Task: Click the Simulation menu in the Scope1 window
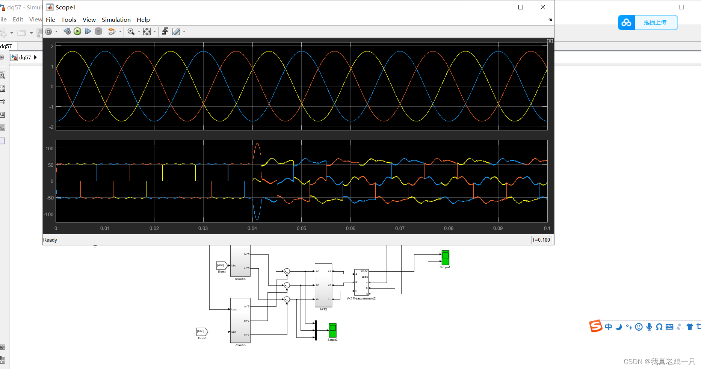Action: (x=116, y=20)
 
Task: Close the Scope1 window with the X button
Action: (x=542, y=7)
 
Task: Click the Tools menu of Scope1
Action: (x=69, y=20)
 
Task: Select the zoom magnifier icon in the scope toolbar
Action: (x=131, y=32)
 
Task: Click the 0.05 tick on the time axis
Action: (x=301, y=228)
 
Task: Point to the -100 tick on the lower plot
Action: (x=49, y=214)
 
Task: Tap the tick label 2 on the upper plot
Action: (x=52, y=46)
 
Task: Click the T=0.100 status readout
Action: (x=541, y=240)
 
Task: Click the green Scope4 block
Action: (x=445, y=258)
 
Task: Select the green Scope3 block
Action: (x=332, y=330)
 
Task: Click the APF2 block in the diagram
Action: (x=323, y=285)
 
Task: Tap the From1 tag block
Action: (x=221, y=265)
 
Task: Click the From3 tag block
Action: (x=202, y=331)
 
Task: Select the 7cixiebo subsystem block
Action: (x=240, y=320)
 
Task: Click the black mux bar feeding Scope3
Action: (x=316, y=330)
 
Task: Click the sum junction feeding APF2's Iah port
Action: (x=287, y=271)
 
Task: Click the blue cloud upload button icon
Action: (x=626, y=23)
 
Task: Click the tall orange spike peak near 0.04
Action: (x=257, y=144)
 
